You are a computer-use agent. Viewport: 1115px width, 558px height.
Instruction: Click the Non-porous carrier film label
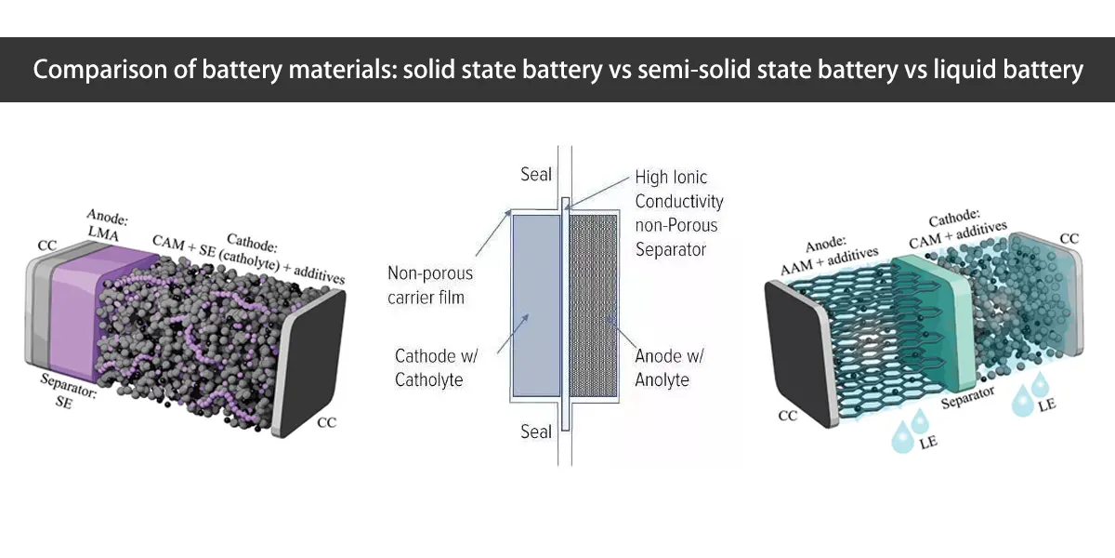(x=429, y=286)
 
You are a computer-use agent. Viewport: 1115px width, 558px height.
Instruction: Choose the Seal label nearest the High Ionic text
(x=536, y=174)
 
